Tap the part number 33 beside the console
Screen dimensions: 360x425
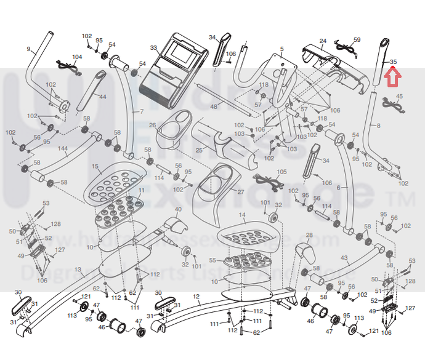pos(153,47)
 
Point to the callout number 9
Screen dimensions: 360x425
pos(28,49)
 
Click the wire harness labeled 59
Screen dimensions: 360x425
pos(346,44)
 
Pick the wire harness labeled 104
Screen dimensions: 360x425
pos(68,67)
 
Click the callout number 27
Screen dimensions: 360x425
pos(241,192)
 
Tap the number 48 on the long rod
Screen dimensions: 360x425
pos(214,107)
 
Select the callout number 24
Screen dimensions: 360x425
pos(323,41)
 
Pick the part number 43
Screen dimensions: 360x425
pos(344,258)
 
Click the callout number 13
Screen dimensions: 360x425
pos(78,270)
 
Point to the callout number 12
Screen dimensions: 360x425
pos(196,297)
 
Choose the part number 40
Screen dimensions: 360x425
pos(179,210)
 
